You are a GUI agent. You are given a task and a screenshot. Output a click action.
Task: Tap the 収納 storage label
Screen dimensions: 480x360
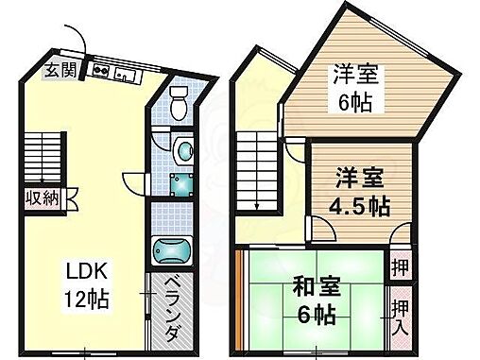coord(41,198)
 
